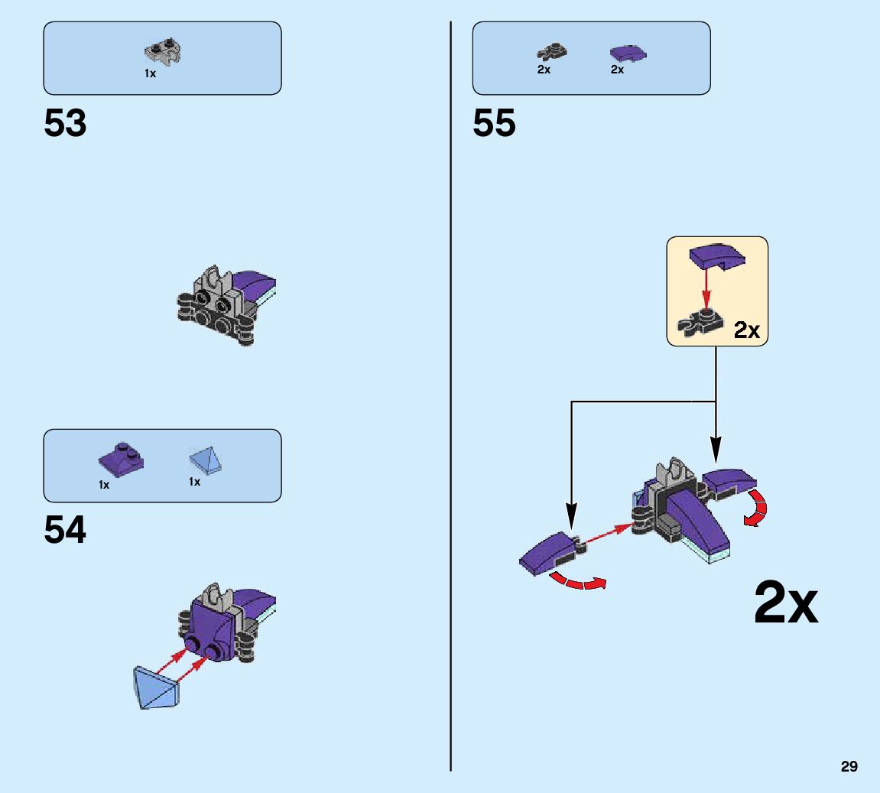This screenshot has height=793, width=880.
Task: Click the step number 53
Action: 66,123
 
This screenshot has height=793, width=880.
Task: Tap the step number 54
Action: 66,530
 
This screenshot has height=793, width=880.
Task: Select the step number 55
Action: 495,123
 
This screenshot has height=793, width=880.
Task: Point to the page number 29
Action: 849,766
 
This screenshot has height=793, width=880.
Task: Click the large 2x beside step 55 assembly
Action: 786,603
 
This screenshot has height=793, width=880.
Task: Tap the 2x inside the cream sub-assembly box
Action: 746,330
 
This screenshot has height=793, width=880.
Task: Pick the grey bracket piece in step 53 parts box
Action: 166,52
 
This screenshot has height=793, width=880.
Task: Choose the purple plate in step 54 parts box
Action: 122,459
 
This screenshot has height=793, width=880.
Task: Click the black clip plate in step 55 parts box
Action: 551,53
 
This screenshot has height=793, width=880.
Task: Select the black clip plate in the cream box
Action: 704,321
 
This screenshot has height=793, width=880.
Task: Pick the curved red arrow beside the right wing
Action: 757,509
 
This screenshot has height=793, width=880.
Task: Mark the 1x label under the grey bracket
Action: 151,74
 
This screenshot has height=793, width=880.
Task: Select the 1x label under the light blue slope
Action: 195,482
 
